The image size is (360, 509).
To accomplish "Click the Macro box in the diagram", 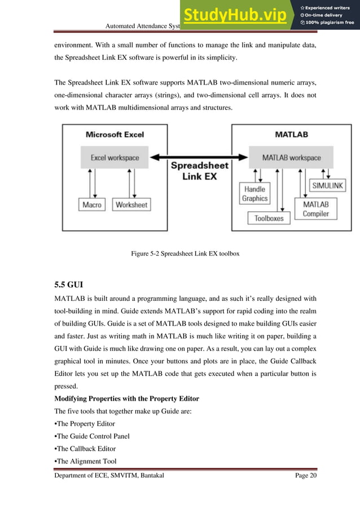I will pyautogui.click(x=91, y=205).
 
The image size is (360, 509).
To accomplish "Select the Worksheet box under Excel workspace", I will pyautogui.click(x=131, y=205).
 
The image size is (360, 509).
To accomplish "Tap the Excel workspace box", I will pyautogui.click(x=115, y=158).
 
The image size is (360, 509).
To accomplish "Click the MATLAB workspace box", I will pyautogui.click(x=291, y=158).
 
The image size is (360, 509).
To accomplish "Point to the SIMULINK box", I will pyautogui.click(x=328, y=185).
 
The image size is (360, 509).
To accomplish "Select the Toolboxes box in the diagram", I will pyautogui.click(x=269, y=218).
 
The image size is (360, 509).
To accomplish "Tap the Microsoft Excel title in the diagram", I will pyautogui.click(x=115, y=135).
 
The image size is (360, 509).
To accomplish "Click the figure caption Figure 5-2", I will pyautogui.click(x=185, y=254).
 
